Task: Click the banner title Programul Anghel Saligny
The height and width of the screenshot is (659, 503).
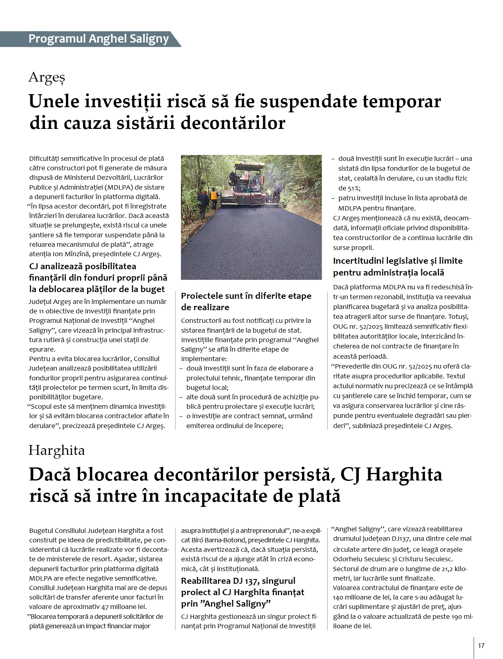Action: click(x=99, y=39)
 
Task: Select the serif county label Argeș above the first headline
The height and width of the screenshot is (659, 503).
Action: click(x=47, y=77)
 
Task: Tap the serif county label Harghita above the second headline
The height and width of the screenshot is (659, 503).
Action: click(x=56, y=450)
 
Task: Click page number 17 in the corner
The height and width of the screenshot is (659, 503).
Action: click(x=481, y=646)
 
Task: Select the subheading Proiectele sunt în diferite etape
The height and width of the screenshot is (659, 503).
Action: click(x=246, y=296)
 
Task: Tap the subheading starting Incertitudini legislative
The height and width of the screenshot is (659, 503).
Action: click(x=398, y=261)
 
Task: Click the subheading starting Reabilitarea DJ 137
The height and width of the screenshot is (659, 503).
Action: click(x=238, y=581)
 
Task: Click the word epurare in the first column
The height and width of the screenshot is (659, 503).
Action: click(x=42, y=349)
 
